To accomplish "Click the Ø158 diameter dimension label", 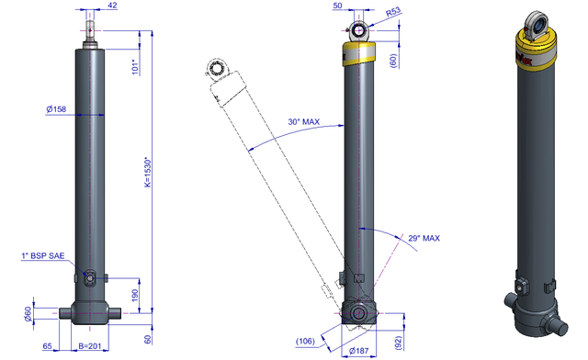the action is pyautogui.click(x=56, y=109).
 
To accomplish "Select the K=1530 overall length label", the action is pyautogui.click(x=148, y=173).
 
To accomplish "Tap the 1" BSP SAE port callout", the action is pyautogui.click(x=43, y=255).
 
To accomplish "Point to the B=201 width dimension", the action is pyautogui.click(x=90, y=345).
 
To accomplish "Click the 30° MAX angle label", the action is pyautogui.click(x=304, y=122).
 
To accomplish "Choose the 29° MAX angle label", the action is pyautogui.click(x=424, y=238).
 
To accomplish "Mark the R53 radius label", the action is pyautogui.click(x=393, y=12).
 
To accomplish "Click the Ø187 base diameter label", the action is pyautogui.click(x=359, y=351).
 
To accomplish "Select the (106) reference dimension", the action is pyautogui.click(x=305, y=342).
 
